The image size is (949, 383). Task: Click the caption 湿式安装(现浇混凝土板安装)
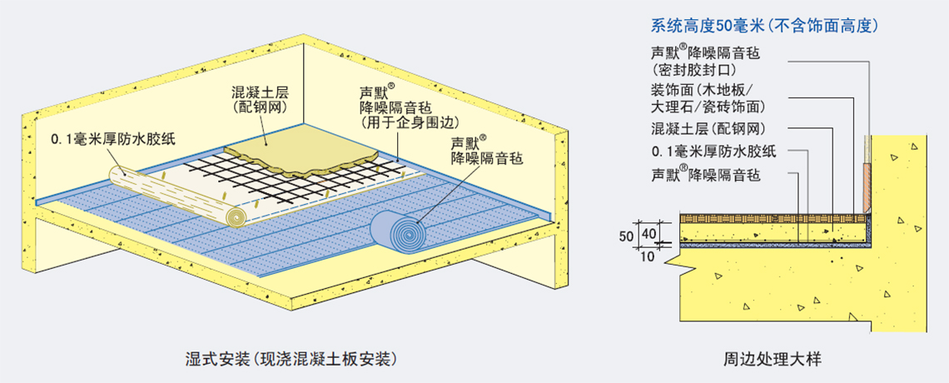291,360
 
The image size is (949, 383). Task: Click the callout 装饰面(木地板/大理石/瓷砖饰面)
707,98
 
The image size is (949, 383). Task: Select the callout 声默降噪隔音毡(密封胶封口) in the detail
705,62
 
